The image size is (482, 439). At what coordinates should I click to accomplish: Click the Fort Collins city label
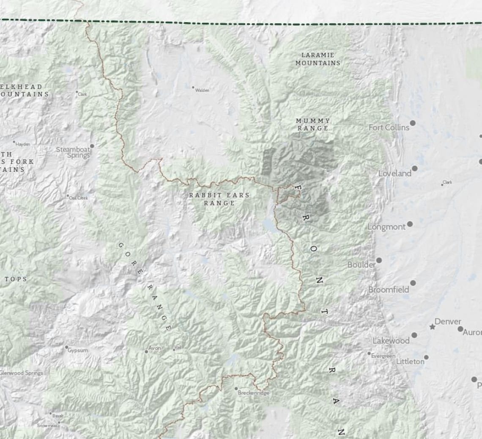tap(389, 127)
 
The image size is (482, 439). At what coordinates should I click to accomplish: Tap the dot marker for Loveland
tap(414, 168)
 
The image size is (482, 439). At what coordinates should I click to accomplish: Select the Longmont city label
tap(386, 227)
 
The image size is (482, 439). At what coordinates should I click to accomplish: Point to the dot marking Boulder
tap(379, 260)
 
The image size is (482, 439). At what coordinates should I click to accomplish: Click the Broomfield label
tap(389, 290)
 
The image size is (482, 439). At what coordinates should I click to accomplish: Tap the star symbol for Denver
tap(432, 327)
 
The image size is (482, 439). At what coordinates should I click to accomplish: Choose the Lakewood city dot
tap(414, 335)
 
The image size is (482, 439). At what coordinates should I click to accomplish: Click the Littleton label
tap(410, 362)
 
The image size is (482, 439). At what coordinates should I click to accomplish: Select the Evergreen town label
tap(383, 356)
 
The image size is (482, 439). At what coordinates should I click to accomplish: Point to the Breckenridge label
tap(253, 393)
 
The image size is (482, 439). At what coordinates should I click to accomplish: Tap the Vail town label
tap(178, 347)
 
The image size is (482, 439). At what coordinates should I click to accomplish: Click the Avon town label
tap(155, 348)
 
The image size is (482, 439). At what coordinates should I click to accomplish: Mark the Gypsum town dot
tap(66, 347)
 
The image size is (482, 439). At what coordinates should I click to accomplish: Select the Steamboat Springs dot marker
tap(92, 146)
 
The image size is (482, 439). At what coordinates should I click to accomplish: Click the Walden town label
tap(202, 90)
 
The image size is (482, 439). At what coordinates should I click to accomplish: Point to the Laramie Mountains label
tap(318, 59)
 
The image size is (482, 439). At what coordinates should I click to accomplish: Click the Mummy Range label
tap(313, 124)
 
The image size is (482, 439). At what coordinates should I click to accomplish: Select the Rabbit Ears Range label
tap(219, 199)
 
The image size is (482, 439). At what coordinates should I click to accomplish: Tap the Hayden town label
tap(23, 144)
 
